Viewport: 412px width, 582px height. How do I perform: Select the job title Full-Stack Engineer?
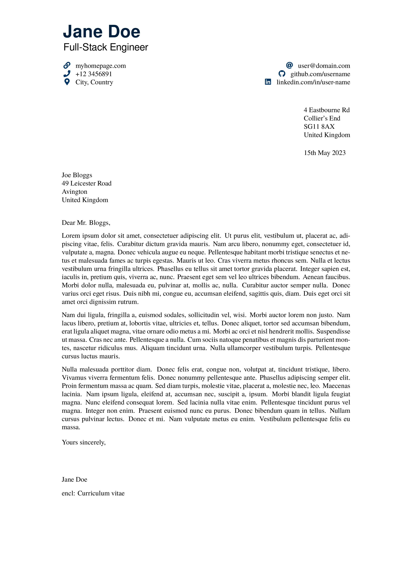tap(106, 47)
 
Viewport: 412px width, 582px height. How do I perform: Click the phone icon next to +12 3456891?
tap(67, 74)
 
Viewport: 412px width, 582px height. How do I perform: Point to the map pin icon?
tap(67, 82)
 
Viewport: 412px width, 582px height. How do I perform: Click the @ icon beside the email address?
tap(289, 65)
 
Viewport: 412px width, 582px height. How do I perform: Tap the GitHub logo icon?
tap(282, 74)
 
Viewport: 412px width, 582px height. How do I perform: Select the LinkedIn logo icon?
tap(268, 82)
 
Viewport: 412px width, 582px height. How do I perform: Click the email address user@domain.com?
tap(324, 66)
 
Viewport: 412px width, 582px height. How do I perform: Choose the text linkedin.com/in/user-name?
tap(313, 82)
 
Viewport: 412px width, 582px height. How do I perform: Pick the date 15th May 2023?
tap(325, 153)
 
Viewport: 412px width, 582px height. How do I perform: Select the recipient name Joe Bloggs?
tap(77, 175)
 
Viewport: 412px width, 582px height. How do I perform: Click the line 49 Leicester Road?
tap(87, 183)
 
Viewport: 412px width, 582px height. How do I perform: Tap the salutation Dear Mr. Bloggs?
tap(86, 223)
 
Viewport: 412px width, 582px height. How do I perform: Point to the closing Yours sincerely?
tap(84, 442)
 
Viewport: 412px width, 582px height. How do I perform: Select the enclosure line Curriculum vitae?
tap(101, 493)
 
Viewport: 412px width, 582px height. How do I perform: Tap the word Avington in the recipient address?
tap(74, 192)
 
